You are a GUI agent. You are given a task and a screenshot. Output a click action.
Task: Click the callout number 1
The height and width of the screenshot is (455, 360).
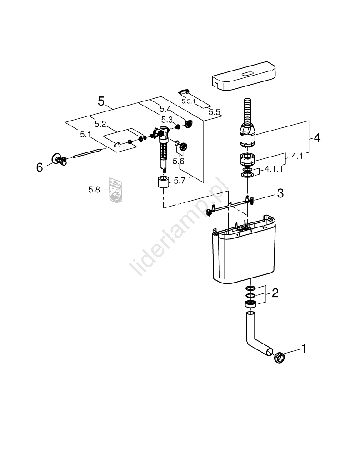pos(304,349)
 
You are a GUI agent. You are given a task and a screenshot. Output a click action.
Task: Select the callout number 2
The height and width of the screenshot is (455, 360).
pos(275,293)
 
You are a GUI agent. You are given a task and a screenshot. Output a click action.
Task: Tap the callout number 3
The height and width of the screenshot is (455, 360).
pos(280,194)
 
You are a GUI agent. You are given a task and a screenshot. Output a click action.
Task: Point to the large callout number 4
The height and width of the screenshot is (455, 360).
pos(317,137)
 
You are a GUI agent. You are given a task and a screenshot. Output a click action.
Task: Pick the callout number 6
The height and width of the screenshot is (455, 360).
pos(40,167)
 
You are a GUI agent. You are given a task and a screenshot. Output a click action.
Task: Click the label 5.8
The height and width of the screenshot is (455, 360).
pos(94,190)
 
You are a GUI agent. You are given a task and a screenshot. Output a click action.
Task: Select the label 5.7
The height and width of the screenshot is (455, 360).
pos(180,181)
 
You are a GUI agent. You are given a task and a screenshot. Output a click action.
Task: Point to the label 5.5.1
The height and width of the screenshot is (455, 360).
pos(188,101)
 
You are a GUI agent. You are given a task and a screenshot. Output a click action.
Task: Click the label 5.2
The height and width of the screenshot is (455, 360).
pos(100,124)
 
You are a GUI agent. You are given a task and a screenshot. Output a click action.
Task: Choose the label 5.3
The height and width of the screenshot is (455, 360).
pos(167,120)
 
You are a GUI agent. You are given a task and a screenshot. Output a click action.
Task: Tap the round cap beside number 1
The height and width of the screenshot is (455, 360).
pos(280,358)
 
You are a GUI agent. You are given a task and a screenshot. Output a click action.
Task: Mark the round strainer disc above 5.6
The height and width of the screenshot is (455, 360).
pos(184,147)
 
